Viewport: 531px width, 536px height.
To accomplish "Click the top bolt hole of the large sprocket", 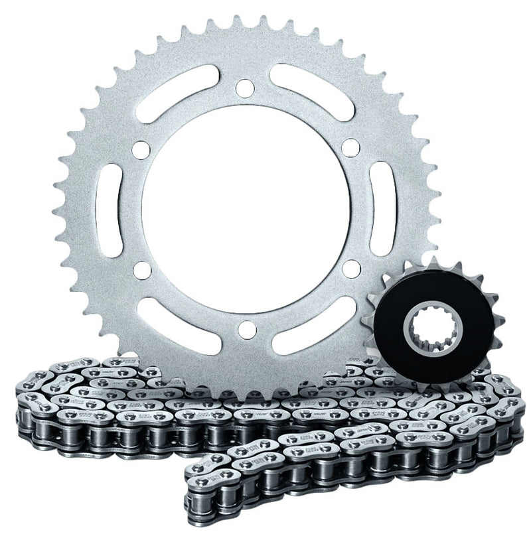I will (245, 87).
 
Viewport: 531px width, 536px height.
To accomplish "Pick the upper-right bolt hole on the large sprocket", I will (350, 147).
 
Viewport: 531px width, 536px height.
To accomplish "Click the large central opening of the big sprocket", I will (245, 207).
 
